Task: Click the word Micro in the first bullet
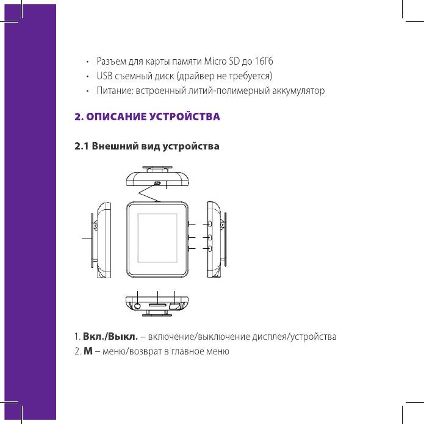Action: (215, 61)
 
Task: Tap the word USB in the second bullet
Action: (104, 76)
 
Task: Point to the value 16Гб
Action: (264, 61)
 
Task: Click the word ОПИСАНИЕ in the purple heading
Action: (116, 117)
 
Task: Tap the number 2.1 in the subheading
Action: (82, 146)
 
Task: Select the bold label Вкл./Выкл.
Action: (110, 337)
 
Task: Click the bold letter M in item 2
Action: (88, 351)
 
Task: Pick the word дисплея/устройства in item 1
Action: (294, 337)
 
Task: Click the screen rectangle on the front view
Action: (157, 238)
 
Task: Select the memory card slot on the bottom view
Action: (157, 305)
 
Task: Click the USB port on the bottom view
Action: (174, 306)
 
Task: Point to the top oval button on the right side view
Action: (210, 224)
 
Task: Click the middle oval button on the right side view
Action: (210, 237)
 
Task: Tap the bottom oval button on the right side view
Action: (210, 248)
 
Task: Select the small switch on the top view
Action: (157, 183)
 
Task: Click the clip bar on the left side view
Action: (92, 240)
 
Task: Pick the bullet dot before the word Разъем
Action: (87, 62)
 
